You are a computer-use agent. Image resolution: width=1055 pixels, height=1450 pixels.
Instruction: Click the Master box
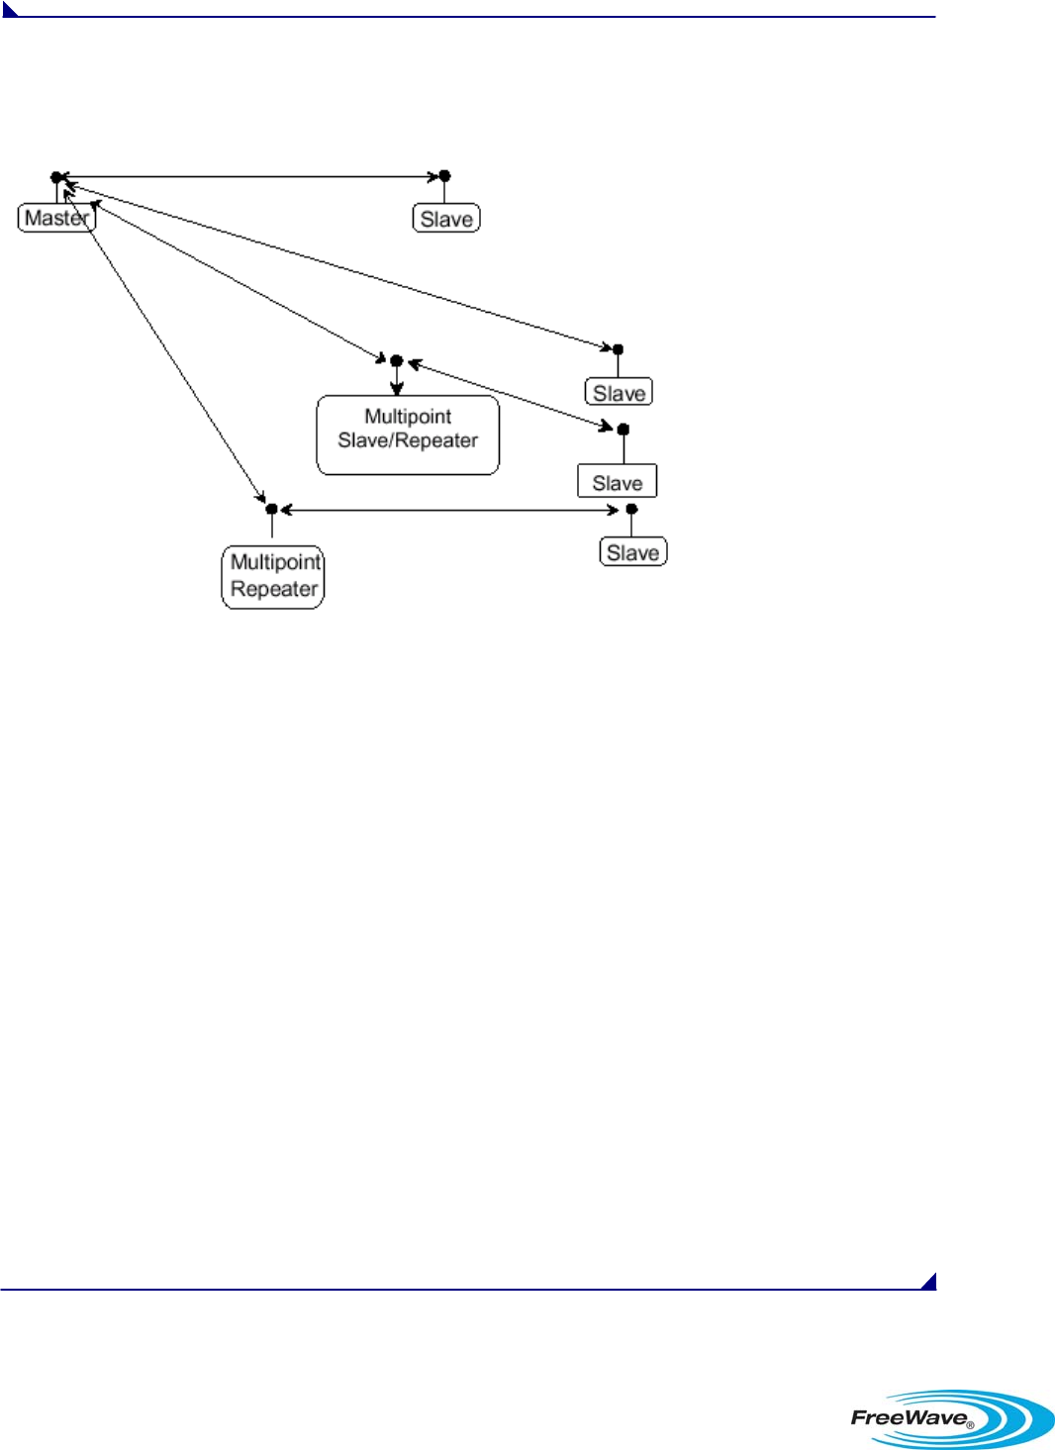[56, 218]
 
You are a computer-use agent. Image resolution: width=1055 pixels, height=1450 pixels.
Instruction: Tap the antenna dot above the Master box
[56, 177]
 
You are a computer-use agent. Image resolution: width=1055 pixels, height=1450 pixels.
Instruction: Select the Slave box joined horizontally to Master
[446, 219]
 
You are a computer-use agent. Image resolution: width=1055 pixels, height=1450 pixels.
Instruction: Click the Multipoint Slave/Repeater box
[408, 435]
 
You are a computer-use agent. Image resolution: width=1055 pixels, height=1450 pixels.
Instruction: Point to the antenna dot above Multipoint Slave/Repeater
[396, 360]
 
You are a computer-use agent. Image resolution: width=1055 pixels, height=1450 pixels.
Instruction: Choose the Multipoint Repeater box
[273, 576]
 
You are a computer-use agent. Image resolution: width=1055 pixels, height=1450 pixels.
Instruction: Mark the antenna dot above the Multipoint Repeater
[272, 509]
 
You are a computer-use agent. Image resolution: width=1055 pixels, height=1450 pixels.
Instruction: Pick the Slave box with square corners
[618, 482]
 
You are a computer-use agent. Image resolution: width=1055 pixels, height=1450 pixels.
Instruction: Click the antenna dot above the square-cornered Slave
[623, 430]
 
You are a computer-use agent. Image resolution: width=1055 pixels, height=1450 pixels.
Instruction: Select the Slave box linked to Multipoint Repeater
[633, 552]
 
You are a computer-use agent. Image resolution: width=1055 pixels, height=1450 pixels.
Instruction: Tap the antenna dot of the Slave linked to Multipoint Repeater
[631, 509]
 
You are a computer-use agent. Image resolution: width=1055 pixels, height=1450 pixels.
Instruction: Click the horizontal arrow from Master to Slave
[247, 177]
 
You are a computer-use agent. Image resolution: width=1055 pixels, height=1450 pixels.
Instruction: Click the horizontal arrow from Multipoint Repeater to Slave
[450, 511]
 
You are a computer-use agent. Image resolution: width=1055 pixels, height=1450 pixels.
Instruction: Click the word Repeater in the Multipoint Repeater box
[274, 590]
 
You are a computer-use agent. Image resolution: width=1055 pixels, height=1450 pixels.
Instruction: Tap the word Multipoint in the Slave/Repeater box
[408, 417]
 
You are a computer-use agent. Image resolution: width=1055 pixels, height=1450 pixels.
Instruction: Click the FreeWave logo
[951, 1417]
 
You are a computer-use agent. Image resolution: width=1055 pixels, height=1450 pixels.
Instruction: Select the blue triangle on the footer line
[929, 1283]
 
